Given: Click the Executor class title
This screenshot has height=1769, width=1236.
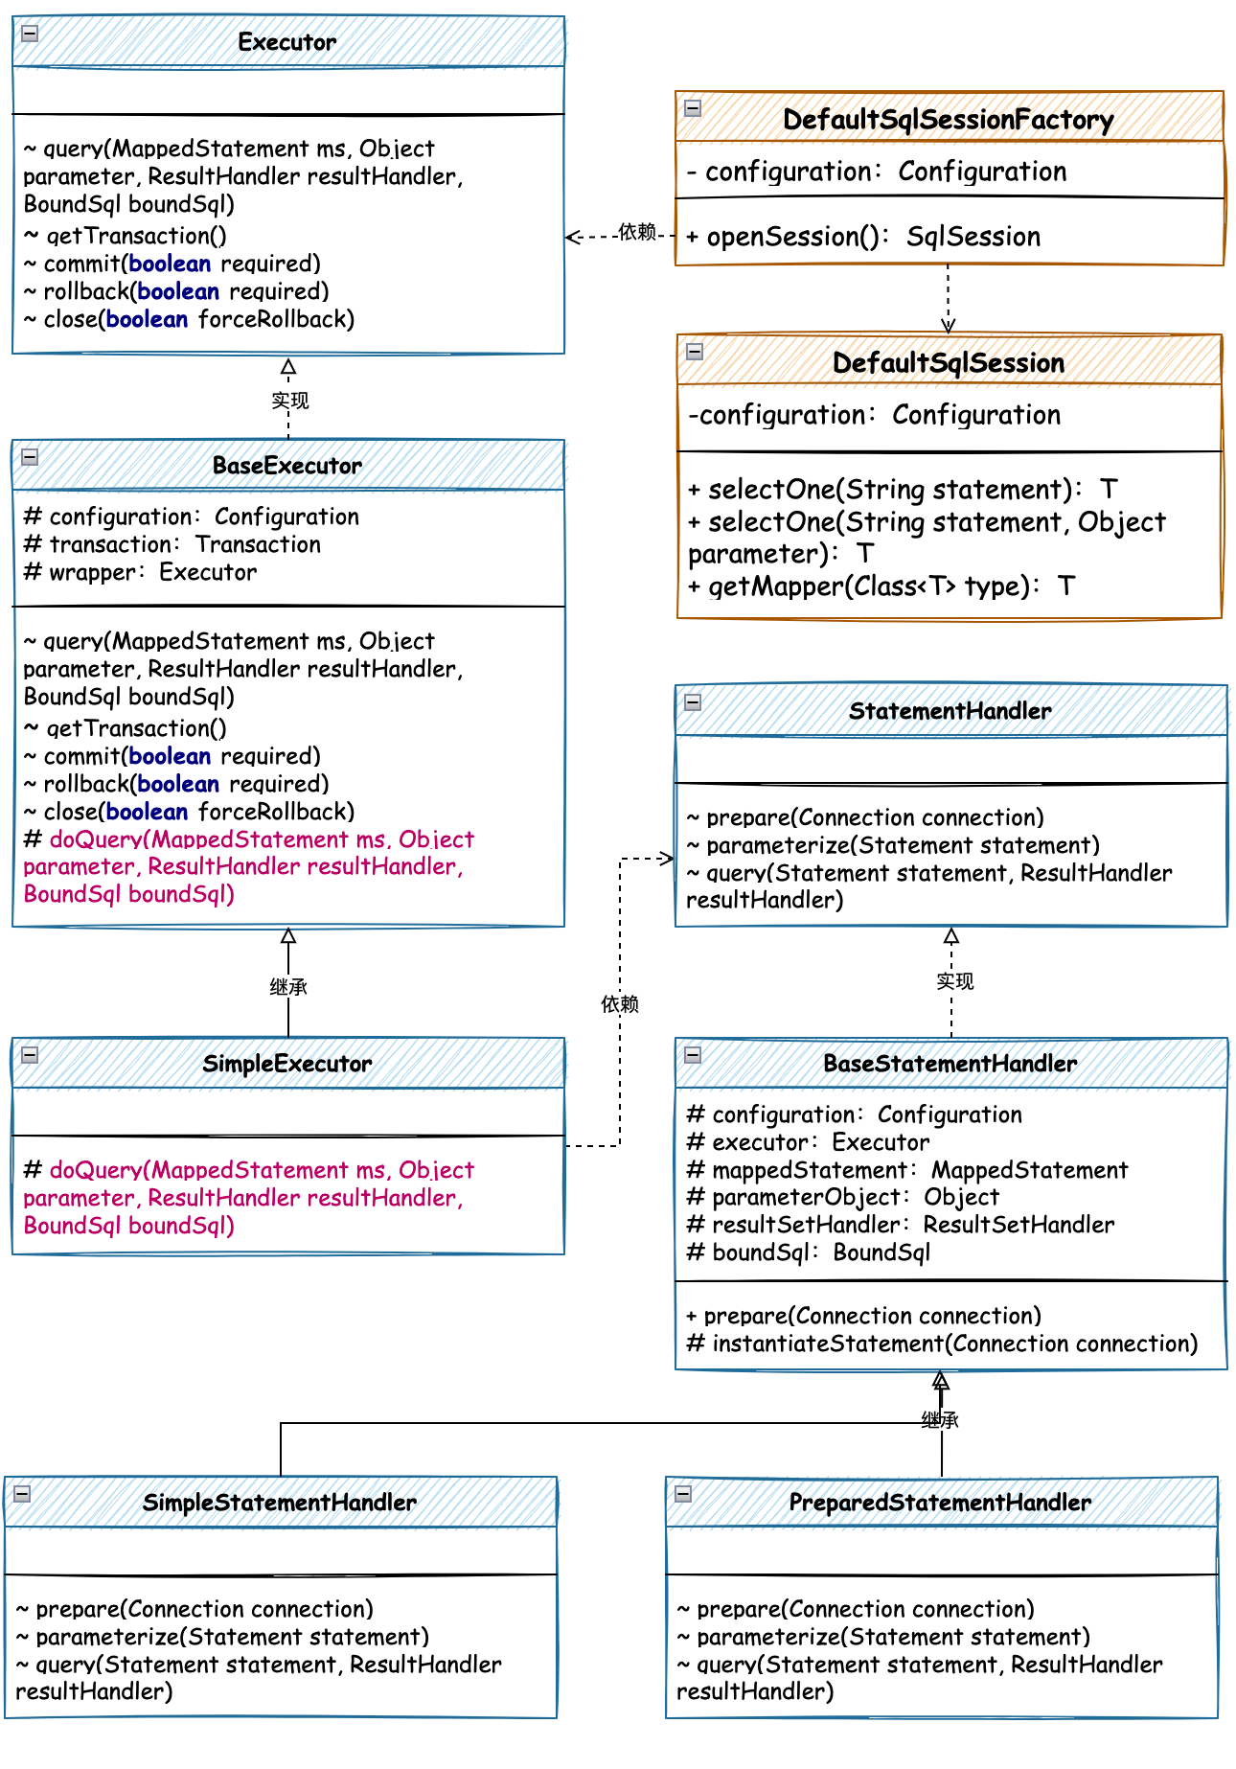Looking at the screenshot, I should click(286, 42).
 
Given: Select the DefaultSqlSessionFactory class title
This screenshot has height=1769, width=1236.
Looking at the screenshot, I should click(948, 120).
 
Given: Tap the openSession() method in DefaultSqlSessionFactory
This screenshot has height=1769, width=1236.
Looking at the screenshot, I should click(863, 237).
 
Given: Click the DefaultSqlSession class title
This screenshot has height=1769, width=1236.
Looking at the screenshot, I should click(948, 363).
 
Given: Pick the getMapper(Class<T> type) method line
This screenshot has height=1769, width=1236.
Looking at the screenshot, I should click(881, 586).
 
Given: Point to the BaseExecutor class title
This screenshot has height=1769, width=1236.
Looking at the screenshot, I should click(286, 466).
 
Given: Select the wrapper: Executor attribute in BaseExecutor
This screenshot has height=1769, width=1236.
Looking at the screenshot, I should click(140, 573).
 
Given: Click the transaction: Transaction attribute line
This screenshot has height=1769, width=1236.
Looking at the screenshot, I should click(172, 545).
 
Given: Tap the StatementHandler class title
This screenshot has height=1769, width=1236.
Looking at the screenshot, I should click(950, 711).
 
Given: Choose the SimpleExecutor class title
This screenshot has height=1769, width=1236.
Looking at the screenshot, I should click(286, 1064).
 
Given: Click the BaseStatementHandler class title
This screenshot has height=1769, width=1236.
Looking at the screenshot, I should click(950, 1064).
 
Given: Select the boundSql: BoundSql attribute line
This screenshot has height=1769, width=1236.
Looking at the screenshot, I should click(809, 1253).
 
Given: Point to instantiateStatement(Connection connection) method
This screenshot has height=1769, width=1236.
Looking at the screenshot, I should click(942, 1344).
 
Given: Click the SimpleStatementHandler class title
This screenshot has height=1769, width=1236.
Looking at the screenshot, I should click(279, 1503).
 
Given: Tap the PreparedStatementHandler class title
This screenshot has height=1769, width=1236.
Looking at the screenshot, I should click(940, 1503).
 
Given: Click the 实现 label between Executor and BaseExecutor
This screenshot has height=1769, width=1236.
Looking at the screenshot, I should click(289, 401).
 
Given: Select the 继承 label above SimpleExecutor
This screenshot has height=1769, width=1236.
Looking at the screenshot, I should click(288, 987).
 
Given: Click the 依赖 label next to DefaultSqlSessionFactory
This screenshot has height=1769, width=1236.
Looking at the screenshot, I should click(637, 232).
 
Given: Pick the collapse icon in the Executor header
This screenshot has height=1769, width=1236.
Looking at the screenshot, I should click(30, 34).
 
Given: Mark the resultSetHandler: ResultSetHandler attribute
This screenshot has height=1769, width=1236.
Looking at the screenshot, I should click(901, 1226).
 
